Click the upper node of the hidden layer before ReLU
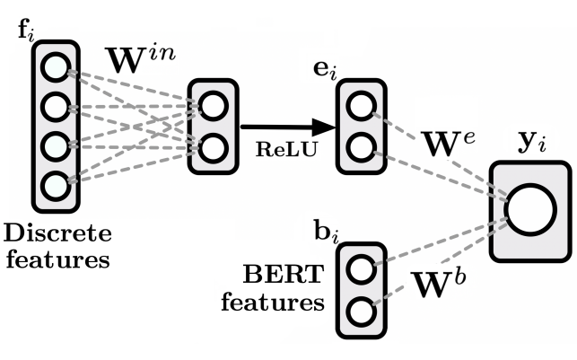(x=213, y=106)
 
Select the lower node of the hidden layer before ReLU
(x=213, y=146)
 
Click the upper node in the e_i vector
(x=360, y=104)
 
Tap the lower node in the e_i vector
(x=360, y=145)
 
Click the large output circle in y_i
(x=529, y=210)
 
